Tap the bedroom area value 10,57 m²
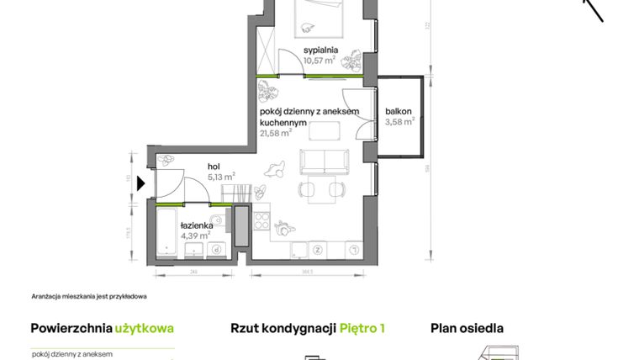[319, 60]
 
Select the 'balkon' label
[399, 111]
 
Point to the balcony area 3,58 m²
[399, 122]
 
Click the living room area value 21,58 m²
[275, 132]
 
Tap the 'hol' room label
[214, 166]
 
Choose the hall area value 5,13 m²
[221, 177]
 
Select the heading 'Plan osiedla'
[467, 329]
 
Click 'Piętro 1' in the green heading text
[362, 329]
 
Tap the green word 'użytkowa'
[145, 329]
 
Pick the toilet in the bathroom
[218, 222]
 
